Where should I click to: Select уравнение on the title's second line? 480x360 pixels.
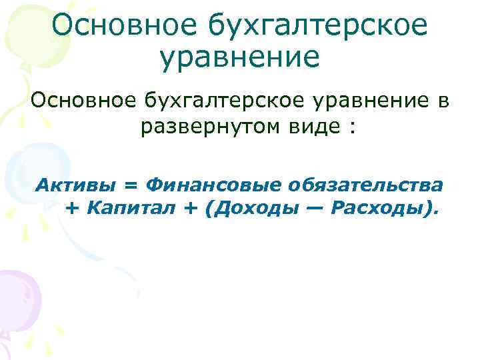click(240, 57)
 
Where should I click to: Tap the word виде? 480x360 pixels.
click(316, 127)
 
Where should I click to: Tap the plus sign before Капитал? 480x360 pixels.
click(72, 209)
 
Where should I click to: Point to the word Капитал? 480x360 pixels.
click(129, 208)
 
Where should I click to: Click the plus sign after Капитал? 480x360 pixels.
click(189, 209)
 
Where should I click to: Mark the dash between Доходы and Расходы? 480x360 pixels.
click(315, 209)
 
